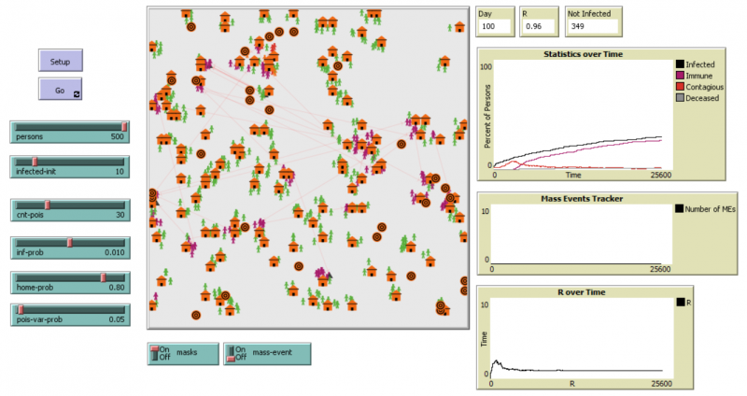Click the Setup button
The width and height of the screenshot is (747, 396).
point(60,61)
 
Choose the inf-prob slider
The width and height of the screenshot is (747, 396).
point(69,246)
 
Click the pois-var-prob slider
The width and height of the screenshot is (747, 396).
point(69,313)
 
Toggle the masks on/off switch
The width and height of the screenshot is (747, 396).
point(182,354)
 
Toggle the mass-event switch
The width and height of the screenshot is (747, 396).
point(266,354)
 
